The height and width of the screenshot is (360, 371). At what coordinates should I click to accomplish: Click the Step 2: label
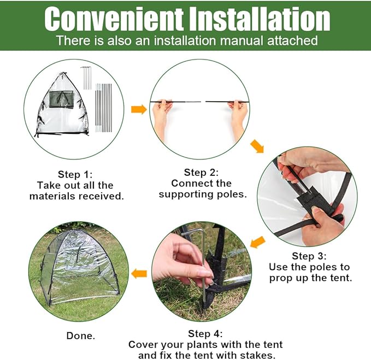click(x=201, y=172)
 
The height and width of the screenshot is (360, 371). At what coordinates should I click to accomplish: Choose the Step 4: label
click(x=205, y=333)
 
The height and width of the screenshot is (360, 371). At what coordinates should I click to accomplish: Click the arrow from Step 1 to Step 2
click(x=139, y=110)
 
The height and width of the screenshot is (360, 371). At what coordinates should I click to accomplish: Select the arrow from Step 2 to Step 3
click(x=256, y=147)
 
